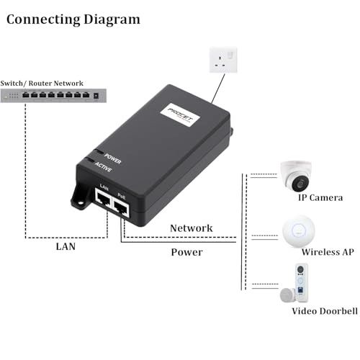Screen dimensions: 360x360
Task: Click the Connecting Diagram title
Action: pyautogui.click(x=73, y=19)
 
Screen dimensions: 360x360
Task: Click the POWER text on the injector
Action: pyautogui.click(x=112, y=156)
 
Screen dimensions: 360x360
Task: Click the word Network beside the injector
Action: pyautogui.click(x=191, y=228)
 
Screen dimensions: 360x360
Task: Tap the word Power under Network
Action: pyautogui.click(x=186, y=253)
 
